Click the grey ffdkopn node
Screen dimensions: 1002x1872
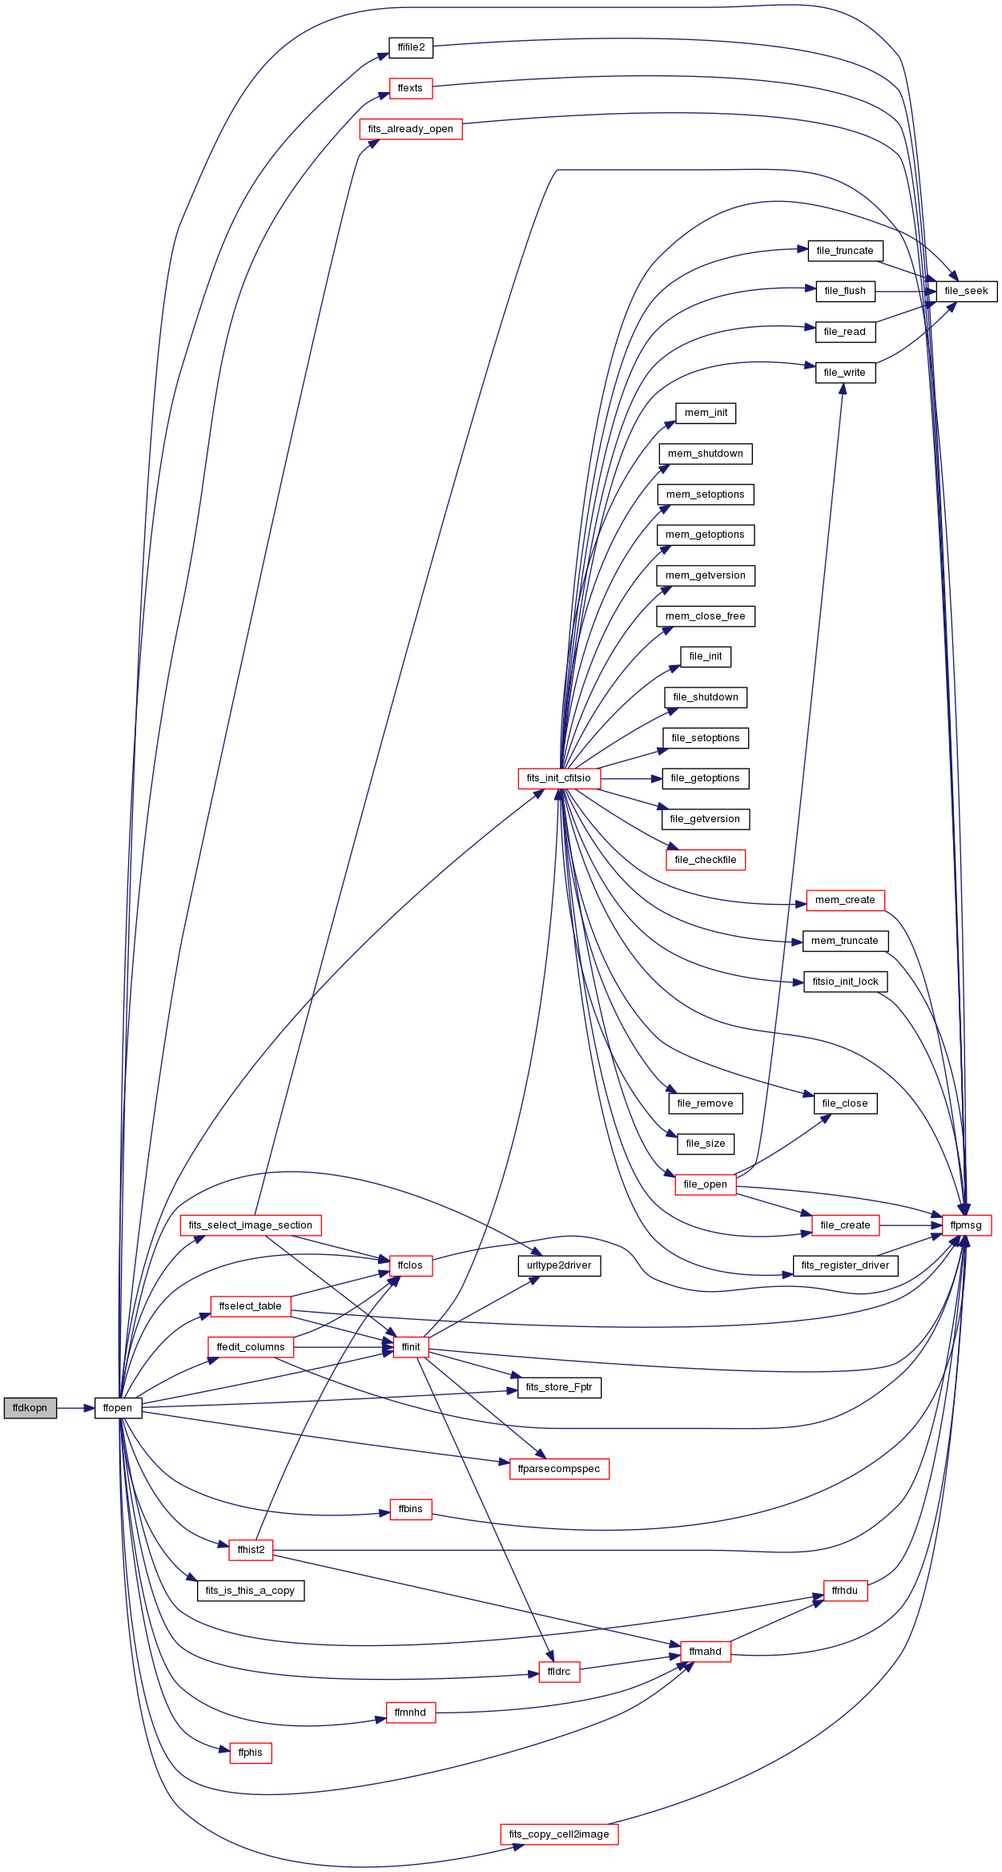[x=30, y=1408]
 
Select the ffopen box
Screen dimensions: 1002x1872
[x=118, y=1408]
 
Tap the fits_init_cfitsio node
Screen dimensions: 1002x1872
[x=559, y=778]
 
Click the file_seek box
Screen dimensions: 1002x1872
[x=967, y=291]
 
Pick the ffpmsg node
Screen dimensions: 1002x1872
[x=967, y=1225]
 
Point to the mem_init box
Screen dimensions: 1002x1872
[x=706, y=413]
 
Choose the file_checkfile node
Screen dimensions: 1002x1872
[x=706, y=860]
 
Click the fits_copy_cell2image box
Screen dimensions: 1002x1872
[x=559, y=1834]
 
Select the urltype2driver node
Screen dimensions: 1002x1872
[x=559, y=1265]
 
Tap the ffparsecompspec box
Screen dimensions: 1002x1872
[x=559, y=1469]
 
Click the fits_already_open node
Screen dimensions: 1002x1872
[x=411, y=129]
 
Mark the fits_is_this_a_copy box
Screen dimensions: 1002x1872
[x=251, y=1591]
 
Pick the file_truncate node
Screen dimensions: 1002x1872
[x=845, y=251]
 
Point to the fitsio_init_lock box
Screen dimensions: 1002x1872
[x=845, y=982]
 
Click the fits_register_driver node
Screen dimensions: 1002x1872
[x=845, y=1265]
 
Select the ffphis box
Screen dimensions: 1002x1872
[x=251, y=1753]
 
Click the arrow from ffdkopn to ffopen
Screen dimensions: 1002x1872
[x=76, y=1408]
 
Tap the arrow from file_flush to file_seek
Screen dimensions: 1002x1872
[x=906, y=291]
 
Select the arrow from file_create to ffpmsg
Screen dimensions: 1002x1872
[x=911, y=1225]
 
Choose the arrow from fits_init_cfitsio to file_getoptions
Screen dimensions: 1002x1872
[x=631, y=778]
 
